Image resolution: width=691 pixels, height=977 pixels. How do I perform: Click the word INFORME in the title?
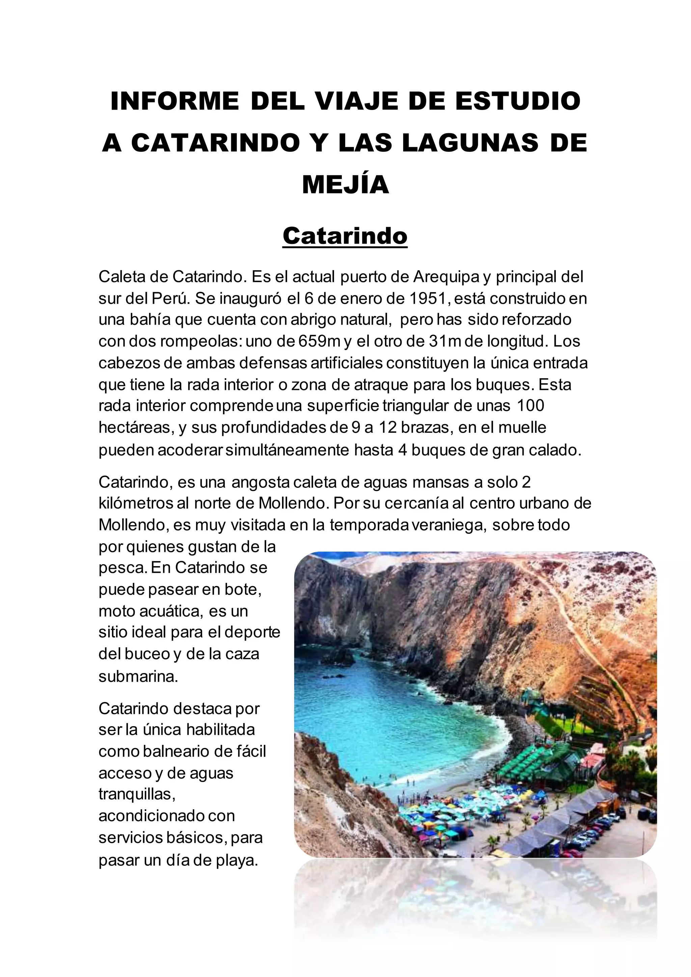[x=174, y=101]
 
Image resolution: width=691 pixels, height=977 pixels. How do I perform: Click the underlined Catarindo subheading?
[x=345, y=235]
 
